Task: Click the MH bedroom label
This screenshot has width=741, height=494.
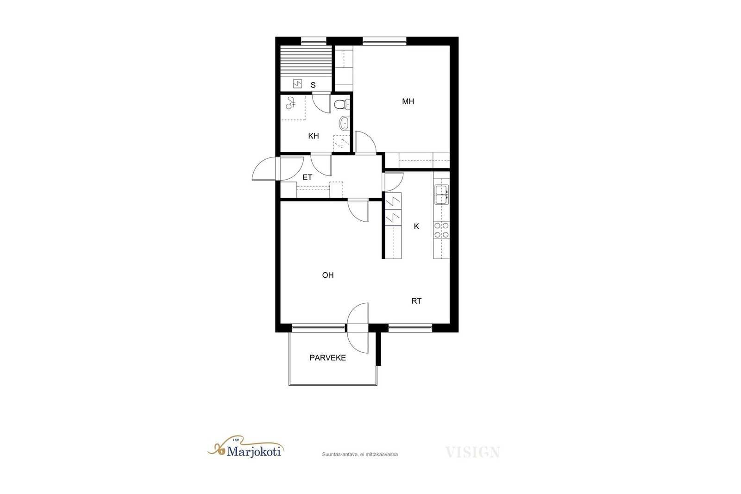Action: pos(408,101)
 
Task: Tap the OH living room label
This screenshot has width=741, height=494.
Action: pos(328,275)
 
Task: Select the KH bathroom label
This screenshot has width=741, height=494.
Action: pos(313,136)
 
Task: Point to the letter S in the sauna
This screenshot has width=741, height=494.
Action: pos(313,85)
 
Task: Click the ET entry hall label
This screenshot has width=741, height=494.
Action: pos(308,177)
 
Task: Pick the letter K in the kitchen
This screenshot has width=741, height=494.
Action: pos(416,226)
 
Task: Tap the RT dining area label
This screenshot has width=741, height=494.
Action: pos(416,301)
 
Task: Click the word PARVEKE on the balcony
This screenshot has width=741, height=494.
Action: pos(328,358)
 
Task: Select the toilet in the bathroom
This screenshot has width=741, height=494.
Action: pos(342,105)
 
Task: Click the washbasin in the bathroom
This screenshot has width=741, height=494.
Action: pos(344,123)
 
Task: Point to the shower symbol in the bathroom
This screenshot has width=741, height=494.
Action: pos(290,103)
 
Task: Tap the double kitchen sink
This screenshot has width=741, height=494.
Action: pos(442,194)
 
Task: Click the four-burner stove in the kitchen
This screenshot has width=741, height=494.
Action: pos(442,230)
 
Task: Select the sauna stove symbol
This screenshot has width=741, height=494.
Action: pos(297,84)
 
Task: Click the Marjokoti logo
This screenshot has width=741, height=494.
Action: pos(245,447)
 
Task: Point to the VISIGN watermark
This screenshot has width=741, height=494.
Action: pos(473,452)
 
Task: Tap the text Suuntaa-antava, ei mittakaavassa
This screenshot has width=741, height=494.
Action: pos(360,454)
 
